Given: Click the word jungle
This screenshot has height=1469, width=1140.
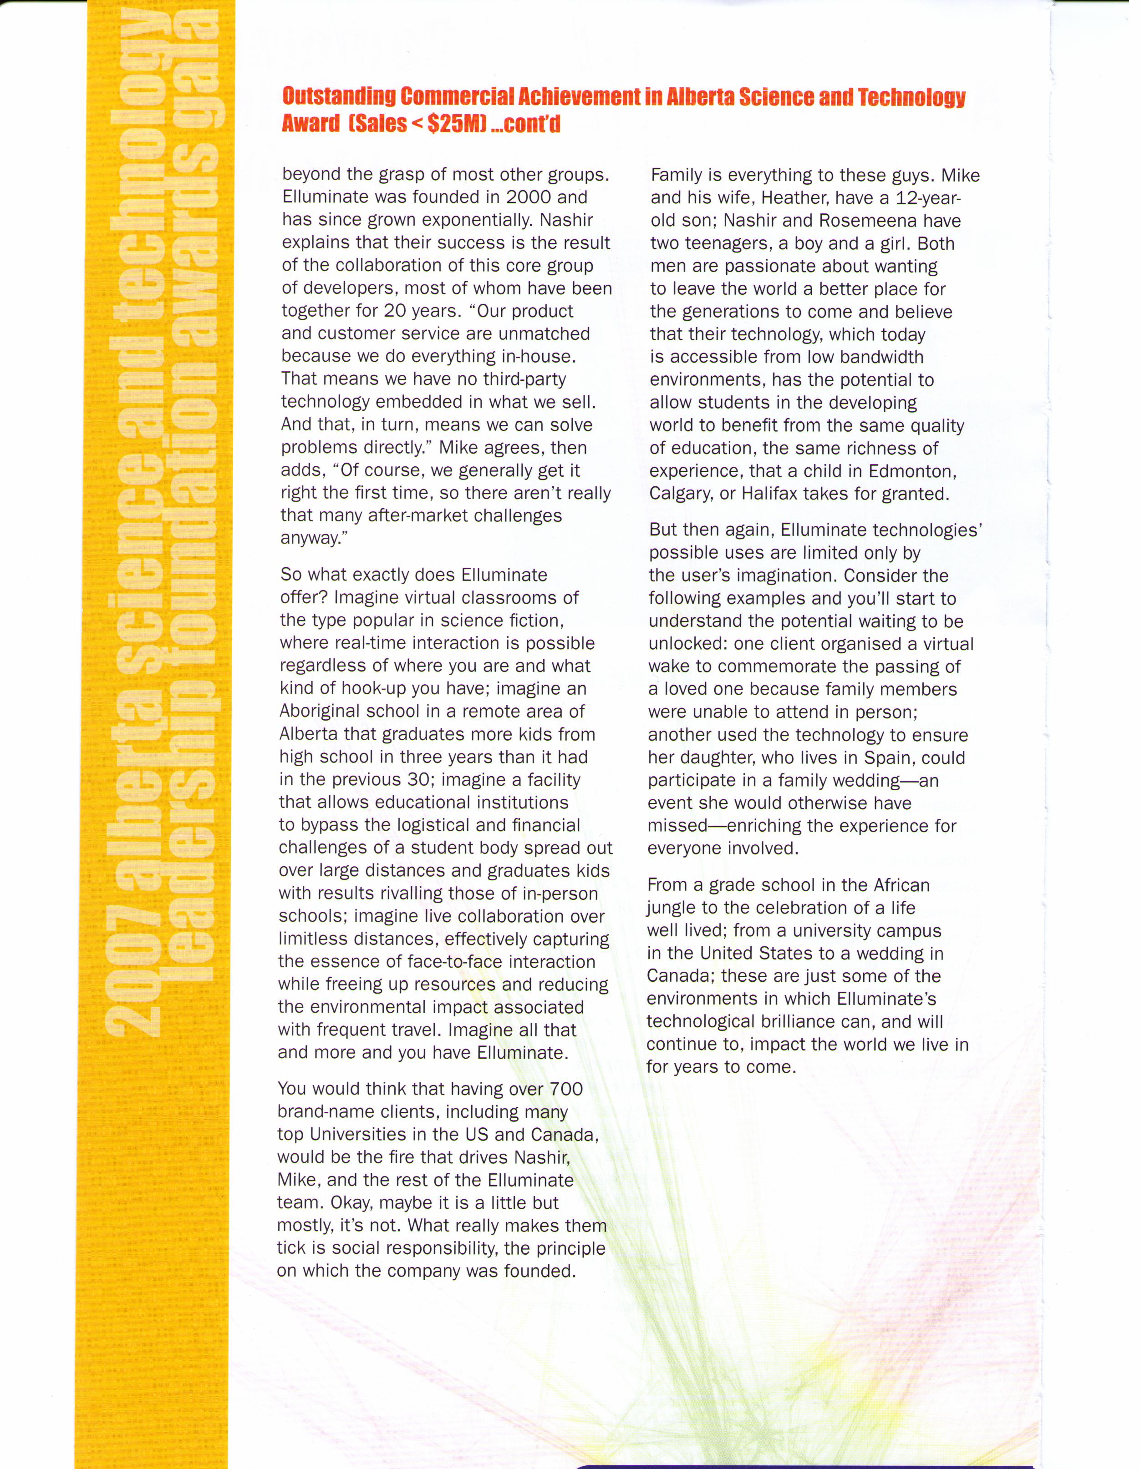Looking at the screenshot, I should click(671, 908).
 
